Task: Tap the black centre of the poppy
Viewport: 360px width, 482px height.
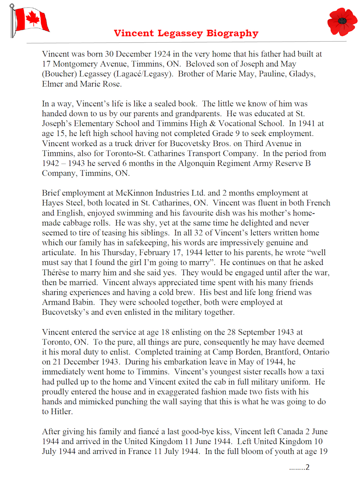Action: coord(342,21)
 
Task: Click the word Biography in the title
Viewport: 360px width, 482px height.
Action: coord(232,33)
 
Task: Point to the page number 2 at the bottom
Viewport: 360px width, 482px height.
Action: coord(307,467)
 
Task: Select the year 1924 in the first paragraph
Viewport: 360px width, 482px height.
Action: coord(162,54)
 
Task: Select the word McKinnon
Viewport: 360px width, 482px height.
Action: coord(135,193)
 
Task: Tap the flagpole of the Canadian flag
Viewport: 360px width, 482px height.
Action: coord(13,22)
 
